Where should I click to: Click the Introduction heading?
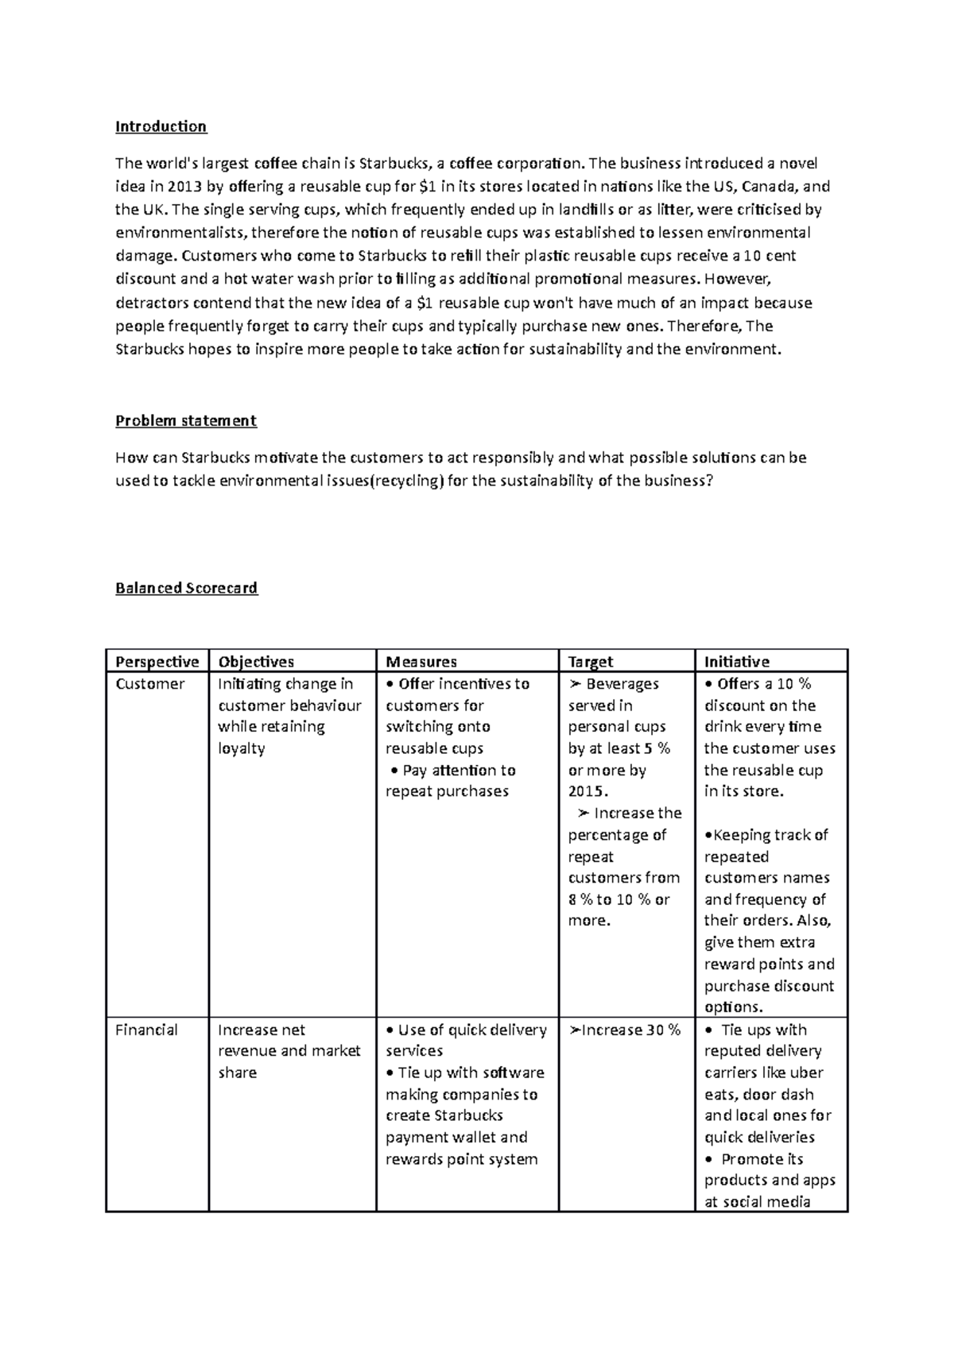pyautogui.click(x=161, y=126)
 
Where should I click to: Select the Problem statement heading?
pyautogui.click(x=185, y=420)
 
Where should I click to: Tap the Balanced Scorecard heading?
pyautogui.click(x=186, y=588)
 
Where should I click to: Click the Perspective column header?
pyautogui.click(x=157, y=662)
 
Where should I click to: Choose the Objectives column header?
pyautogui.click(x=256, y=662)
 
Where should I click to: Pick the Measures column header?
pyautogui.click(x=421, y=662)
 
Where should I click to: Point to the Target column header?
pyautogui.click(x=591, y=662)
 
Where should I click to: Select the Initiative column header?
pyautogui.click(x=736, y=662)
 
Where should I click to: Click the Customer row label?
pyautogui.click(x=149, y=684)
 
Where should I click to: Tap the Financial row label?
pyautogui.click(x=146, y=1030)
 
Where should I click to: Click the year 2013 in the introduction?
pyautogui.click(x=185, y=187)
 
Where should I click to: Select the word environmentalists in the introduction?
pyautogui.click(x=182, y=233)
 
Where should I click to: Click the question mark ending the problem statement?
pyautogui.click(x=709, y=481)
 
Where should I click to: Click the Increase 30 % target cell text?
pyautogui.click(x=626, y=1030)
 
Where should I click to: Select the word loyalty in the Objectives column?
pyautogui.click(x=241, y=748)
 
